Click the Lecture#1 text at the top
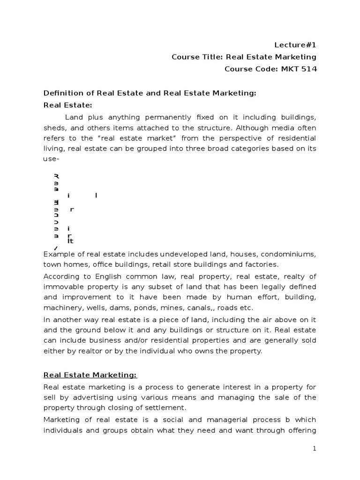tap(295, 45)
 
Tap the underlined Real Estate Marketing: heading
tap(90, 375)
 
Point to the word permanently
tap(157, 116)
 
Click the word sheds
tap(54, 127)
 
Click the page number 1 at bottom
tap(315, 449)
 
